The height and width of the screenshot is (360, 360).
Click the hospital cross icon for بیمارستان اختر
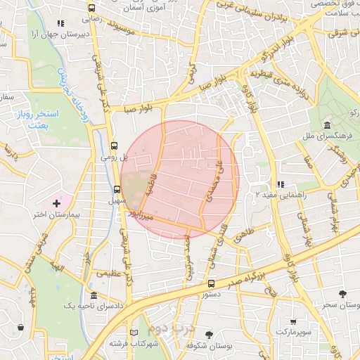[57, 202]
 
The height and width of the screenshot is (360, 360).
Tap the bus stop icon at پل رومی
[114, 146]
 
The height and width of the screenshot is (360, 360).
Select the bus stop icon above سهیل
[117, 188]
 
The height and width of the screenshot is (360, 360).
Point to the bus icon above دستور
[211, 284]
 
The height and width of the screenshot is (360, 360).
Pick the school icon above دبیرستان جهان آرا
[65, 22]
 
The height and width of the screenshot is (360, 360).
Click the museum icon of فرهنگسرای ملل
[327, 126]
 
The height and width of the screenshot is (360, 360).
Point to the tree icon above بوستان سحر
[342, 294]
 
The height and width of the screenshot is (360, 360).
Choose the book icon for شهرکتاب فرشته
[134, 332]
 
